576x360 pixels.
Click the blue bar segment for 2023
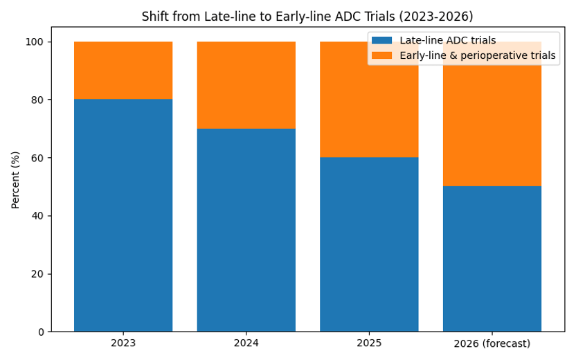pyautogui.click(x=123, y=215)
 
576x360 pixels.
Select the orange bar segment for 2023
pyautogui.click(x=123, y=71)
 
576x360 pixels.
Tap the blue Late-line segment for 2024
pyautogui.click(x=246, y=230)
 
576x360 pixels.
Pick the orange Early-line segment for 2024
pyautogui.click(x=246, y=85)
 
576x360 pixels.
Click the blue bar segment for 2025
pyautogui.click(x=369, y=244)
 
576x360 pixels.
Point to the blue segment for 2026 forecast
pyautogui.click(x=492, y=259)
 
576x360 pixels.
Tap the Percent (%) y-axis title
pyautogui.click(x=15, y=180)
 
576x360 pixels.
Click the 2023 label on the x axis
pyautogui.click(x=123, y=343)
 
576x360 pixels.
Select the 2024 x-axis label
pyautogui.click(x=246, y=343)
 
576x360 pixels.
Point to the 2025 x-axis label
pyautogui.click(x=369, y=343)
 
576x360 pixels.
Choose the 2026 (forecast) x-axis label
pyautogui.click(x=492, y=343)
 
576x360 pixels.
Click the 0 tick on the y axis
pyautogui.click(x=40, y=332)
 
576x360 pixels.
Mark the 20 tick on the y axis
pyautogui.click(x=37, y=273)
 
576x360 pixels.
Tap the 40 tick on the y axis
pyautogui.click(x=37, y=215)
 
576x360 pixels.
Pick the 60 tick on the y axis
pyautogui.click(x=37, y=158)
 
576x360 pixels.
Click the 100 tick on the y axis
pyautogui.click(x=35, y=42)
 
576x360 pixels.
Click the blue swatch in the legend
pyautogui.click(x=382, y=41)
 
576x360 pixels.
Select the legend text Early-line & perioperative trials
pyautogui.click(x=478, y=56)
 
